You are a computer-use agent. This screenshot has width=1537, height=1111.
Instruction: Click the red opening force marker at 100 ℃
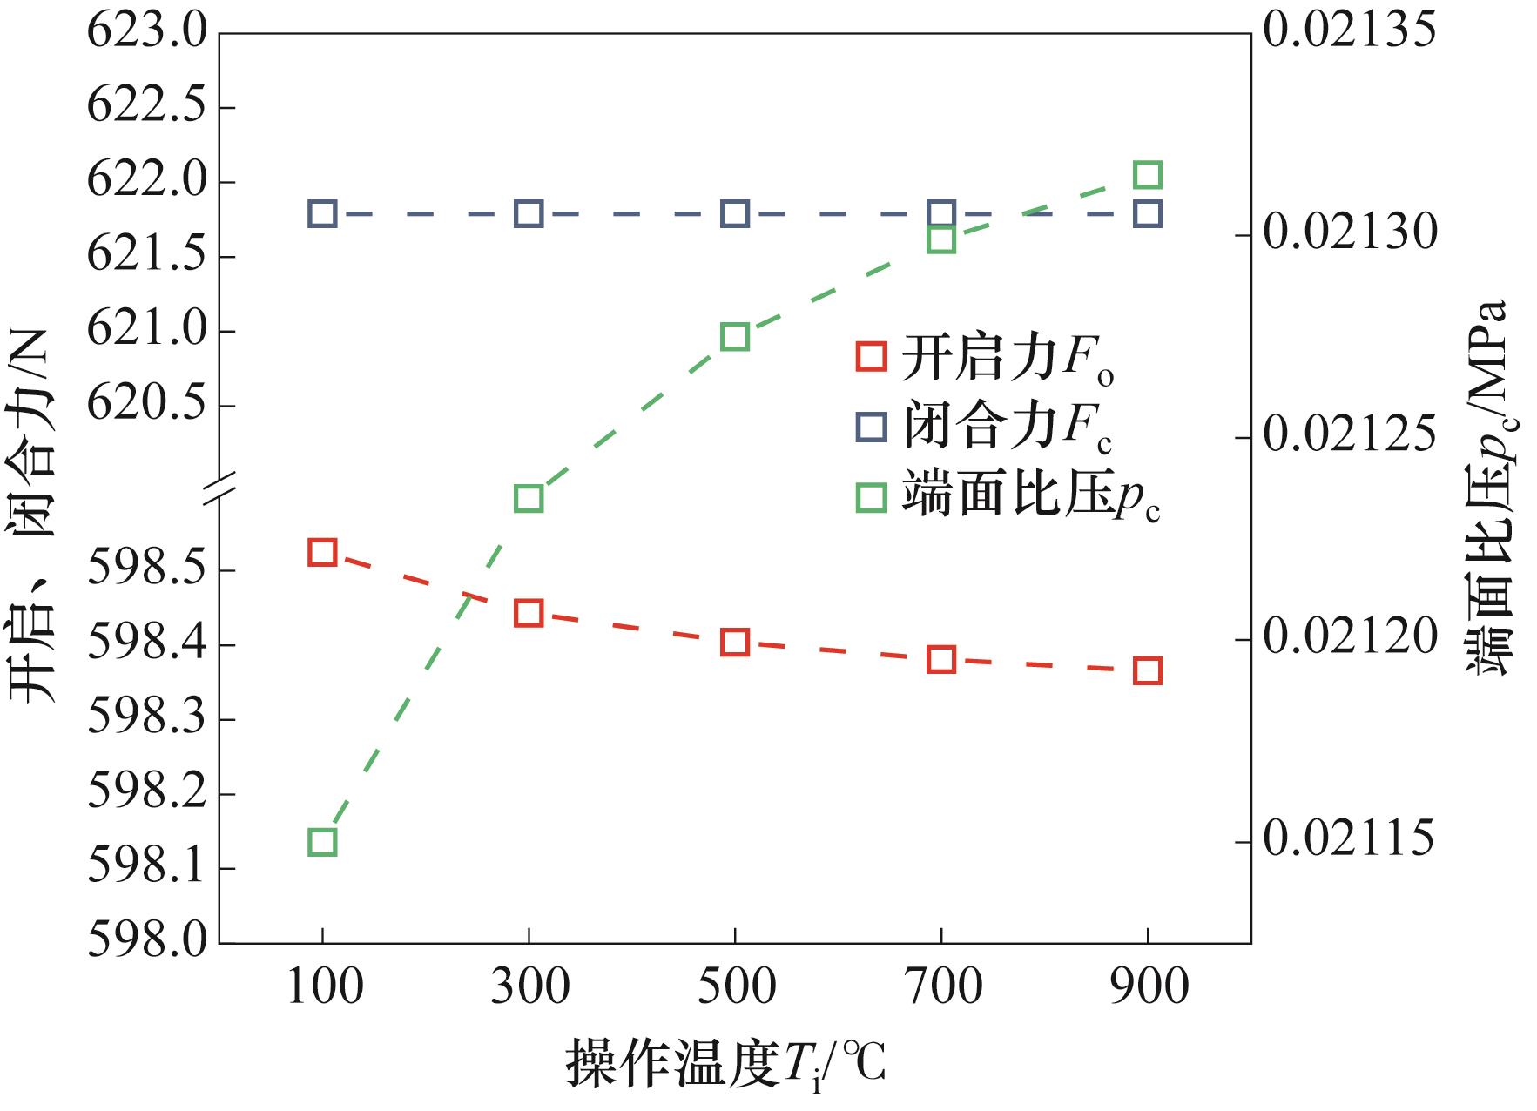coord(322,552)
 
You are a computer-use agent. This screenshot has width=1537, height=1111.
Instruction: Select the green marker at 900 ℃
coord(1148,175)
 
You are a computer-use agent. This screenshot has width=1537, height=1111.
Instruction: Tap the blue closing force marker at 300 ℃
coord(529,213)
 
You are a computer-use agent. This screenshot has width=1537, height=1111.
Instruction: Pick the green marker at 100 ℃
coord(322,842)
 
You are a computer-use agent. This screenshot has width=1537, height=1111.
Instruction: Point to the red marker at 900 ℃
coord(1148,670)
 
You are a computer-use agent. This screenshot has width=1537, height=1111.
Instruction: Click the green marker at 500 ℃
coord(735,337)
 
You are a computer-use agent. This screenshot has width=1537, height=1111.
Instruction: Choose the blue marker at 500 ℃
coord(735,213)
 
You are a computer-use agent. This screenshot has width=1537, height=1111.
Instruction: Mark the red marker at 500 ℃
coord(735,643)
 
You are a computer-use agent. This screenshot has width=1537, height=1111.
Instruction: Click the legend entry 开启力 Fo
coord(984,358)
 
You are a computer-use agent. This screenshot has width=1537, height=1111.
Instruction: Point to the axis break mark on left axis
coord(219,488)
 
